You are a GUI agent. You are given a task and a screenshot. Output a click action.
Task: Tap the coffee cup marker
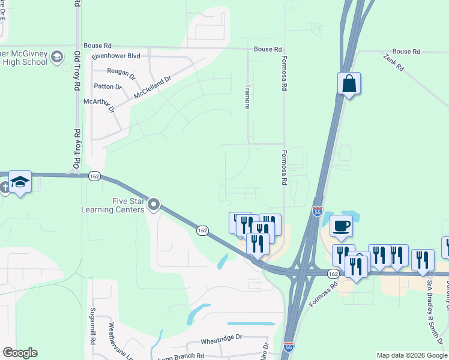[341, 226]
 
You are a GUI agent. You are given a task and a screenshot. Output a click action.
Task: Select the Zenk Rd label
[393, 62]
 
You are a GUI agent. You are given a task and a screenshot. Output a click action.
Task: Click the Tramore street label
[247, 96]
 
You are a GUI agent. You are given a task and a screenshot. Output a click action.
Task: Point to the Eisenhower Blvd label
[116, 56]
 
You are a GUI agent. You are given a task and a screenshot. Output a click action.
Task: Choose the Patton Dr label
[108, 87]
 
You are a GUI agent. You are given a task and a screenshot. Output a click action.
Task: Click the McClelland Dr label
[152, 87]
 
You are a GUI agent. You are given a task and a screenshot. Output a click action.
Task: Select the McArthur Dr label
[99, 104]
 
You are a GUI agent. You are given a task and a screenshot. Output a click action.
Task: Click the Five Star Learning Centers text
[114, 206]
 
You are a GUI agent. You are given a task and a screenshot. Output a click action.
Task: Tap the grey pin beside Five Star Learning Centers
[154, 206]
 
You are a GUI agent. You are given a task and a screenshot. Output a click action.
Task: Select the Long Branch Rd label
[181, 356]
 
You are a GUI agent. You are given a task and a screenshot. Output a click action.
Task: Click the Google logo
[20, 353]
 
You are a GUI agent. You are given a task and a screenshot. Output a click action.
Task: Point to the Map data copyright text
[411, 355]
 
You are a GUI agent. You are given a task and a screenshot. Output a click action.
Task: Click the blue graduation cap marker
[20, 181]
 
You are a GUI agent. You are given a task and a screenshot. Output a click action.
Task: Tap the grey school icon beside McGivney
[57, 58]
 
